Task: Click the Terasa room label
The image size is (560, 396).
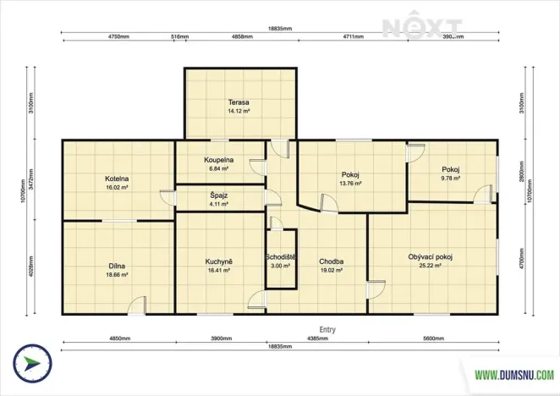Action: tap(238, 102)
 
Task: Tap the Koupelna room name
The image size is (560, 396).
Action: tap(218, 160)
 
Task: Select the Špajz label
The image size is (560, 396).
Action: tap(218, 195)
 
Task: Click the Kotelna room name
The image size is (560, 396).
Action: tap(117, 179)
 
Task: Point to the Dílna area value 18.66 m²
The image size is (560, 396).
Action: tap(117, 275)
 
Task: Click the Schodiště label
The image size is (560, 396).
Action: tap(279, 256)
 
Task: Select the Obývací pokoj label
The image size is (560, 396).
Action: tap(430, 256)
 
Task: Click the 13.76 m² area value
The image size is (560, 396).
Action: tap(350, 183)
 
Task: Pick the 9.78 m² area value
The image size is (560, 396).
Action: tap(450, 179)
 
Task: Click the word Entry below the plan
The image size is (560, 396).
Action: tap(327, 330)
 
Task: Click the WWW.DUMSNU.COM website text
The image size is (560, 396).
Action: tap(513, 373)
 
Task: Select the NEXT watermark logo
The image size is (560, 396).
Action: tap(422, 27)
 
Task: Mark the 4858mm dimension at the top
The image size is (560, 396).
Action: tap(244, 37)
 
